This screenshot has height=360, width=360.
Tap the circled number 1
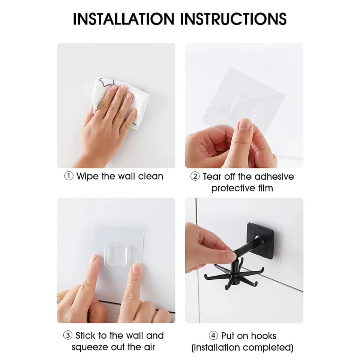[69, 176]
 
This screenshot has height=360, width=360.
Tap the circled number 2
[195, 177]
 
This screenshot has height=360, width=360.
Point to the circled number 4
[213, 335]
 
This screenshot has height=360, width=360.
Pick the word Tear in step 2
[212, 177]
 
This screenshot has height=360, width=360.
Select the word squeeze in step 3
[90, 347]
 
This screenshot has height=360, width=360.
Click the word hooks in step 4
[264, 335]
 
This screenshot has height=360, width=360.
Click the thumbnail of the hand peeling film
[244, 105]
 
